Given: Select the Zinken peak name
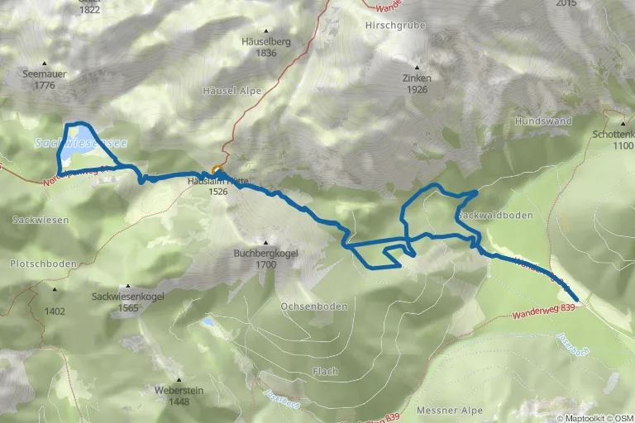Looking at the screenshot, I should [417, 78].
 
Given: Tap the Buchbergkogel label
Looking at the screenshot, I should [265, 253].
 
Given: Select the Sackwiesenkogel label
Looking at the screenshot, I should [127, 296].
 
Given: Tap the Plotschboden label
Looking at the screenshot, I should [43, 264].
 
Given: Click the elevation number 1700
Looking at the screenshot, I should [265, 265].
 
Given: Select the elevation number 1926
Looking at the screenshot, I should [417, 89].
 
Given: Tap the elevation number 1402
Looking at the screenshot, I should [55, 311].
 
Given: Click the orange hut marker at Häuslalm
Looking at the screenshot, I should [217, 170].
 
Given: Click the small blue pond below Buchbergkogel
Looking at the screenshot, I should [208, 322].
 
